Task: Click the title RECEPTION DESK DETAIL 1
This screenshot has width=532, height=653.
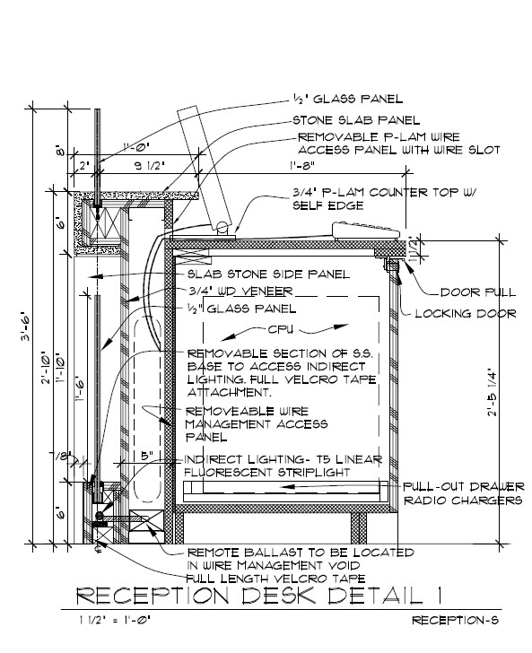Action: tap(258, 596)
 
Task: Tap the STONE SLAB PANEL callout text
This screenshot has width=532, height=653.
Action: tap(356, 120)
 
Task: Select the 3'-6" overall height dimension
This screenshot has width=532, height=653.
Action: tap(25, 326)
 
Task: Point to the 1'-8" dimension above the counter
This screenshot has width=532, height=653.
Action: tap(302, 166)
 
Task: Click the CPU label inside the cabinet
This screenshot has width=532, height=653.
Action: tap(281, 329)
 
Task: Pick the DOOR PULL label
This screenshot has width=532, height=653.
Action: tap(478, 292)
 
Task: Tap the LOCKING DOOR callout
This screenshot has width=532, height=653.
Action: tap(466, 314)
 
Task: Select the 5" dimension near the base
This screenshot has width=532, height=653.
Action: tap(147, 456)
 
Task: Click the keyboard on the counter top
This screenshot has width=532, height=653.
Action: tap(368, 231)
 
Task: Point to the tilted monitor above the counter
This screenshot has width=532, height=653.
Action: tap(205, 169)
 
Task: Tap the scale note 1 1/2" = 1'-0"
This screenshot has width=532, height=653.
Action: tap(115, 620)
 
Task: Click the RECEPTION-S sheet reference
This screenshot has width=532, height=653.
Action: tap(456, 620)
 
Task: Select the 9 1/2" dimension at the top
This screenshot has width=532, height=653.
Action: tap(150, 166)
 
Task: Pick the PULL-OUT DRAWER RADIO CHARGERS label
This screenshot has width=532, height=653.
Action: tap(463, 493)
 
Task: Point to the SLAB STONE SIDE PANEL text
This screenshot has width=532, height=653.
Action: tap(269, 274)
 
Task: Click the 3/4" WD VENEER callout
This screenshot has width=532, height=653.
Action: tap(240, 292)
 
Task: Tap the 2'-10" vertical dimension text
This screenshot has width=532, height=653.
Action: tap(46, 369)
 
